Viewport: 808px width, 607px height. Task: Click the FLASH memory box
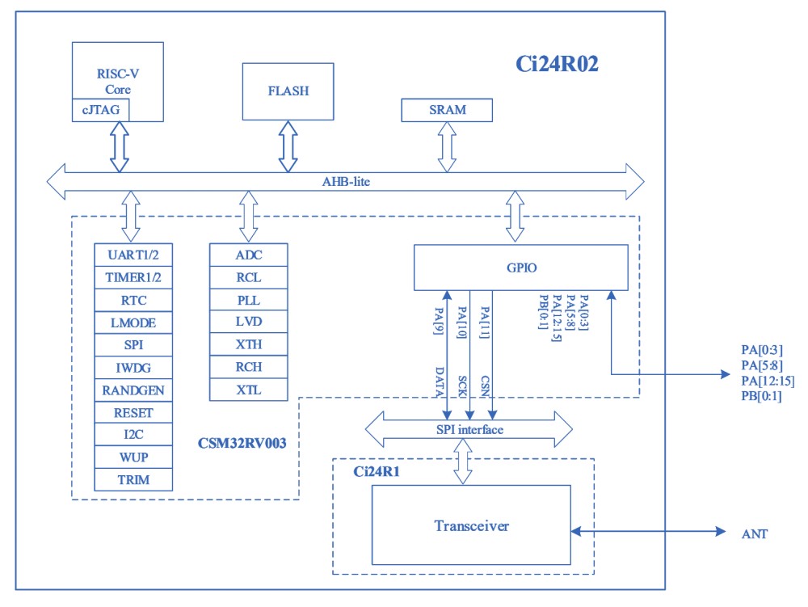click(288, 91)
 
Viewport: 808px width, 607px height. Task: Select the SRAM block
click(447, 110)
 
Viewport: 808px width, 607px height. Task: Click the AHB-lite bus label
click(346, 181)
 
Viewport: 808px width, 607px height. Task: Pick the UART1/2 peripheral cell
click(133, 255)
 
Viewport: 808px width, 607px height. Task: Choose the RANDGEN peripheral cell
click(133, 390)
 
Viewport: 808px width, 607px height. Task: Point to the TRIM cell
click(133, 479)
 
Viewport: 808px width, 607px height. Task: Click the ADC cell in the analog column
click(249, 255)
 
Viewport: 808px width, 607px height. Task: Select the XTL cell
click(249, 390)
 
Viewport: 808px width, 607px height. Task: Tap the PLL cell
click(249, 300)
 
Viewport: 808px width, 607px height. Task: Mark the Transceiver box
click(471, 526)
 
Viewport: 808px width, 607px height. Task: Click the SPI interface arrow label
click(469, 429)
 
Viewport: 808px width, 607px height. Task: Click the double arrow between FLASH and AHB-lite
click(288, 146)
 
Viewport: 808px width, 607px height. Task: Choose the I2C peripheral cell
click(133, 435)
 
